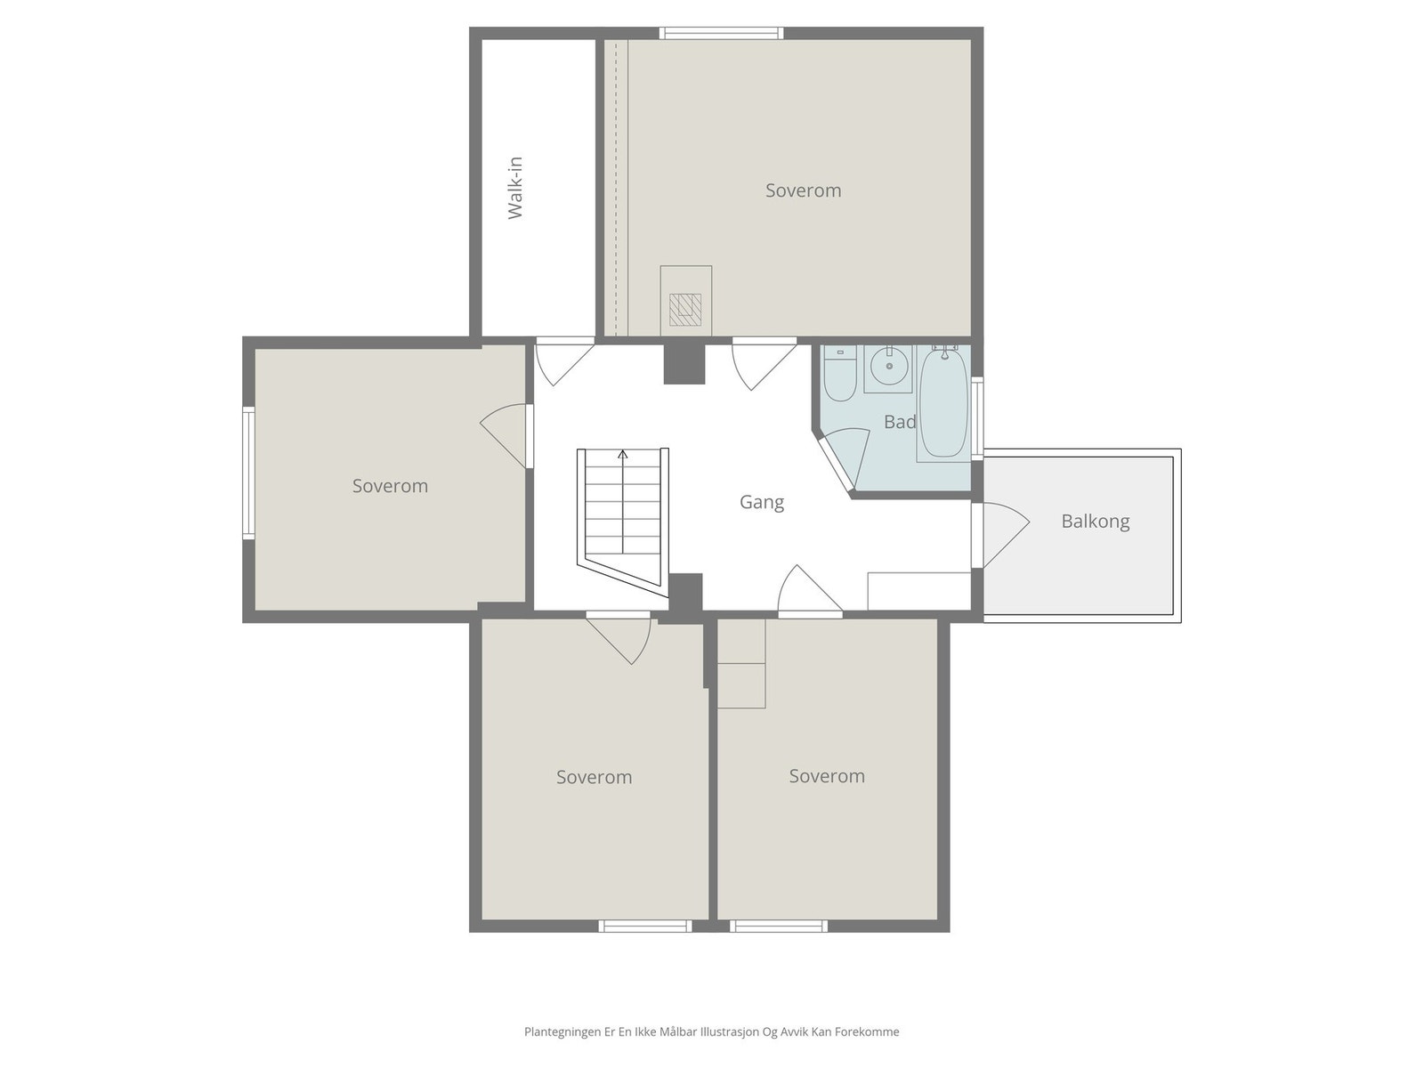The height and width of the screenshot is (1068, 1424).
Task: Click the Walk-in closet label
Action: [x=515, y=188]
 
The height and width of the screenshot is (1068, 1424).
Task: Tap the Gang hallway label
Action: [x=762, y=503]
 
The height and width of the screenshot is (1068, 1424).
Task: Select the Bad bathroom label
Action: [x=900, y=422]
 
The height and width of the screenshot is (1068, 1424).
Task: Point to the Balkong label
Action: [x=1095, y=522]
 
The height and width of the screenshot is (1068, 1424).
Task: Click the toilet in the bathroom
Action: [x=840, y=374]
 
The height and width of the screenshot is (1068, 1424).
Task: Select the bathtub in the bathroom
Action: [x=944, y=402]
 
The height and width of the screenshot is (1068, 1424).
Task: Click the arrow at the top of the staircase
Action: [x=623, y=454]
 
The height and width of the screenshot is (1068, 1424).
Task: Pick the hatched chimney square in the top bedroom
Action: [x=685, y=310]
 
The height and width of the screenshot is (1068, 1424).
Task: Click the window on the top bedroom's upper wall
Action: [x=722, y=33]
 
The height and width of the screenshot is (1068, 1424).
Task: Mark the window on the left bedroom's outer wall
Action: [x=248, y=473]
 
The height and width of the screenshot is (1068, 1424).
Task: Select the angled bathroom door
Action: [x=844, y=459]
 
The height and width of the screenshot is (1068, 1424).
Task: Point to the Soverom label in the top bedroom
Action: [x=803, y=190]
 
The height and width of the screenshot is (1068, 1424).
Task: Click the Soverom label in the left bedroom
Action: [x=390, y=486]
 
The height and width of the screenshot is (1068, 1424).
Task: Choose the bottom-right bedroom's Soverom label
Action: [x=827, y=776]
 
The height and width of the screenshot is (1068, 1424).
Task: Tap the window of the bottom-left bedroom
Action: [x=645, y=926]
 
